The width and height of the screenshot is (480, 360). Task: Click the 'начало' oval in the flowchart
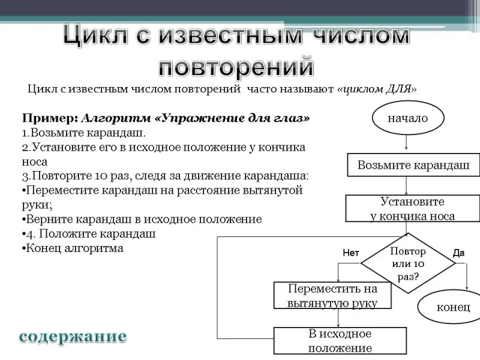tap(407, 118)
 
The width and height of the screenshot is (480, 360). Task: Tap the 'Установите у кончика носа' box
tap(412, 209)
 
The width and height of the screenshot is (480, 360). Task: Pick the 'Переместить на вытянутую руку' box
tap(332, 295)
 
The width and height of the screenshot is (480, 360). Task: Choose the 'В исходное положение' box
tap(340, 341)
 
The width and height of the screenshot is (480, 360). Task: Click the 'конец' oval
tap(452, 307)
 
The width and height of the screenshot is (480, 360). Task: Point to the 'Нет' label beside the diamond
tap(350, 253)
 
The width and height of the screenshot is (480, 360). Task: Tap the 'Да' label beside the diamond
tap(458, 253)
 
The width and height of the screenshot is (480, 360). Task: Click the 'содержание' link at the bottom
tap(73, 337)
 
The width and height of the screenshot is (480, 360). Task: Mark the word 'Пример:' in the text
tap(50, 118)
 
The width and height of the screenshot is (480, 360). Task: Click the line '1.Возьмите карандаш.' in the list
tap(83, 132)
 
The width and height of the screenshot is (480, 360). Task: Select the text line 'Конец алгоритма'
tap(73, 248)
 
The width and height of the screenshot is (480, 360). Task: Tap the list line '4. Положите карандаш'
tap(90, 233)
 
